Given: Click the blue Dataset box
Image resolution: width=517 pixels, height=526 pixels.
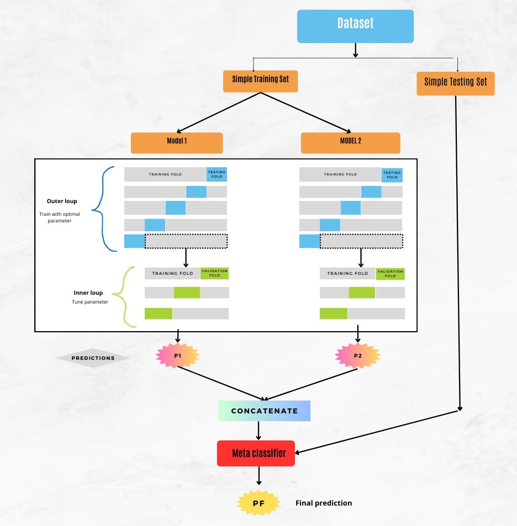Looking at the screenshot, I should click(x=355, y=26).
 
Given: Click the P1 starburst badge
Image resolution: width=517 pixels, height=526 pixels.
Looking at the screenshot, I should click(x=178, y=356).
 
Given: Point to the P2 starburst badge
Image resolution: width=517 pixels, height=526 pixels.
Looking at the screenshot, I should click(x=358, y=356).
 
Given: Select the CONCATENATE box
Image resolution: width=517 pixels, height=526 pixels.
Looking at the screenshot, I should click(x=264, y=411).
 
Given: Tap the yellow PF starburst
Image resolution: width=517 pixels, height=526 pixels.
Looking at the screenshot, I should click(x=258, y=503).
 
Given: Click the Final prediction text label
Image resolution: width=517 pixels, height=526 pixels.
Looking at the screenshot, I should click(x=324, y=503).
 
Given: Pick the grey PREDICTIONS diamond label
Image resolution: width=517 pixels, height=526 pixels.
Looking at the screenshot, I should click(x=93, y=358).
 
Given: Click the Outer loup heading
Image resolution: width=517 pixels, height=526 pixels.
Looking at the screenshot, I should click(x=62, y=201).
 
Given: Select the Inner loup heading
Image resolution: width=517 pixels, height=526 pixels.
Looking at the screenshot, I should click(x=88, y=293).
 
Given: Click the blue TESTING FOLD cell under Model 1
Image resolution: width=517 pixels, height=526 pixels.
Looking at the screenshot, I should click(x=217, y=174).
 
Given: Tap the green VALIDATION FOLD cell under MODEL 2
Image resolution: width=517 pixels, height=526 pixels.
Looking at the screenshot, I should click(x=390, y=273).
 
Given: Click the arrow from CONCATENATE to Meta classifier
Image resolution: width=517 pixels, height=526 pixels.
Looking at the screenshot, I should click(x=258, y=431).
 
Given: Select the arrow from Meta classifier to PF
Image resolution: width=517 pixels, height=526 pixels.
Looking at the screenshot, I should click(x=258, y=475).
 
